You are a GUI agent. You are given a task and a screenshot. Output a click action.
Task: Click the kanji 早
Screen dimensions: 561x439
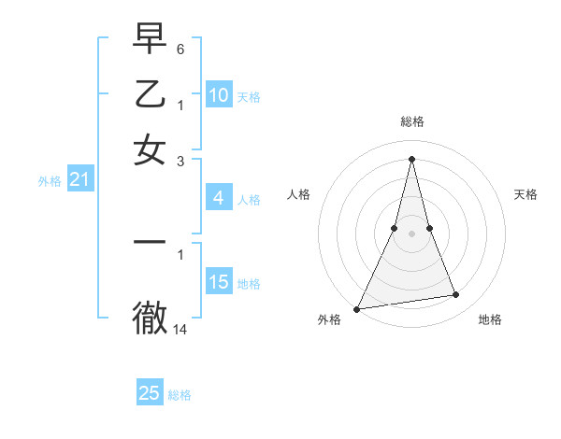click(150, 39)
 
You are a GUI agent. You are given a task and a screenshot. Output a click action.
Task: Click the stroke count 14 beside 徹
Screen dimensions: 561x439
click(180, 329)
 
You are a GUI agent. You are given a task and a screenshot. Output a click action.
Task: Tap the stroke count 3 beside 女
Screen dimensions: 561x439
click(180, 161)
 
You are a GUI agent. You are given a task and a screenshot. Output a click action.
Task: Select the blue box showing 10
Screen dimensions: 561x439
click(218, 95)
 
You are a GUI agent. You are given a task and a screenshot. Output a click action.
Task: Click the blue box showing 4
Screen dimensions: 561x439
click(218, 198)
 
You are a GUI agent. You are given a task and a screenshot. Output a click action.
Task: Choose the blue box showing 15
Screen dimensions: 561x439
click(218, 282)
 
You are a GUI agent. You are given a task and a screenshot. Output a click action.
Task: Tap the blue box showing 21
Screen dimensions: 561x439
click(79, 180)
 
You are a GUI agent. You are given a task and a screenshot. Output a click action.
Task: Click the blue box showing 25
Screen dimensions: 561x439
click(150, 393)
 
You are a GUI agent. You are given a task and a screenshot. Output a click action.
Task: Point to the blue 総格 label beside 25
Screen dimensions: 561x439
click(180, 395)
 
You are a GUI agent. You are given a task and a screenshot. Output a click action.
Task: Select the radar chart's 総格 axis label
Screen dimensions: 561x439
click(411, 121)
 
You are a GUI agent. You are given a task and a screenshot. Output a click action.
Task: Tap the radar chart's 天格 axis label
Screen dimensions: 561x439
click(525, 194)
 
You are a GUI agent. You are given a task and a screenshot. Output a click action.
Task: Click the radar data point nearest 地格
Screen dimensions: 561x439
click(455, 295)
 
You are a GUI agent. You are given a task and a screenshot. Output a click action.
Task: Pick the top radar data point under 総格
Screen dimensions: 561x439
click(411, 158)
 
